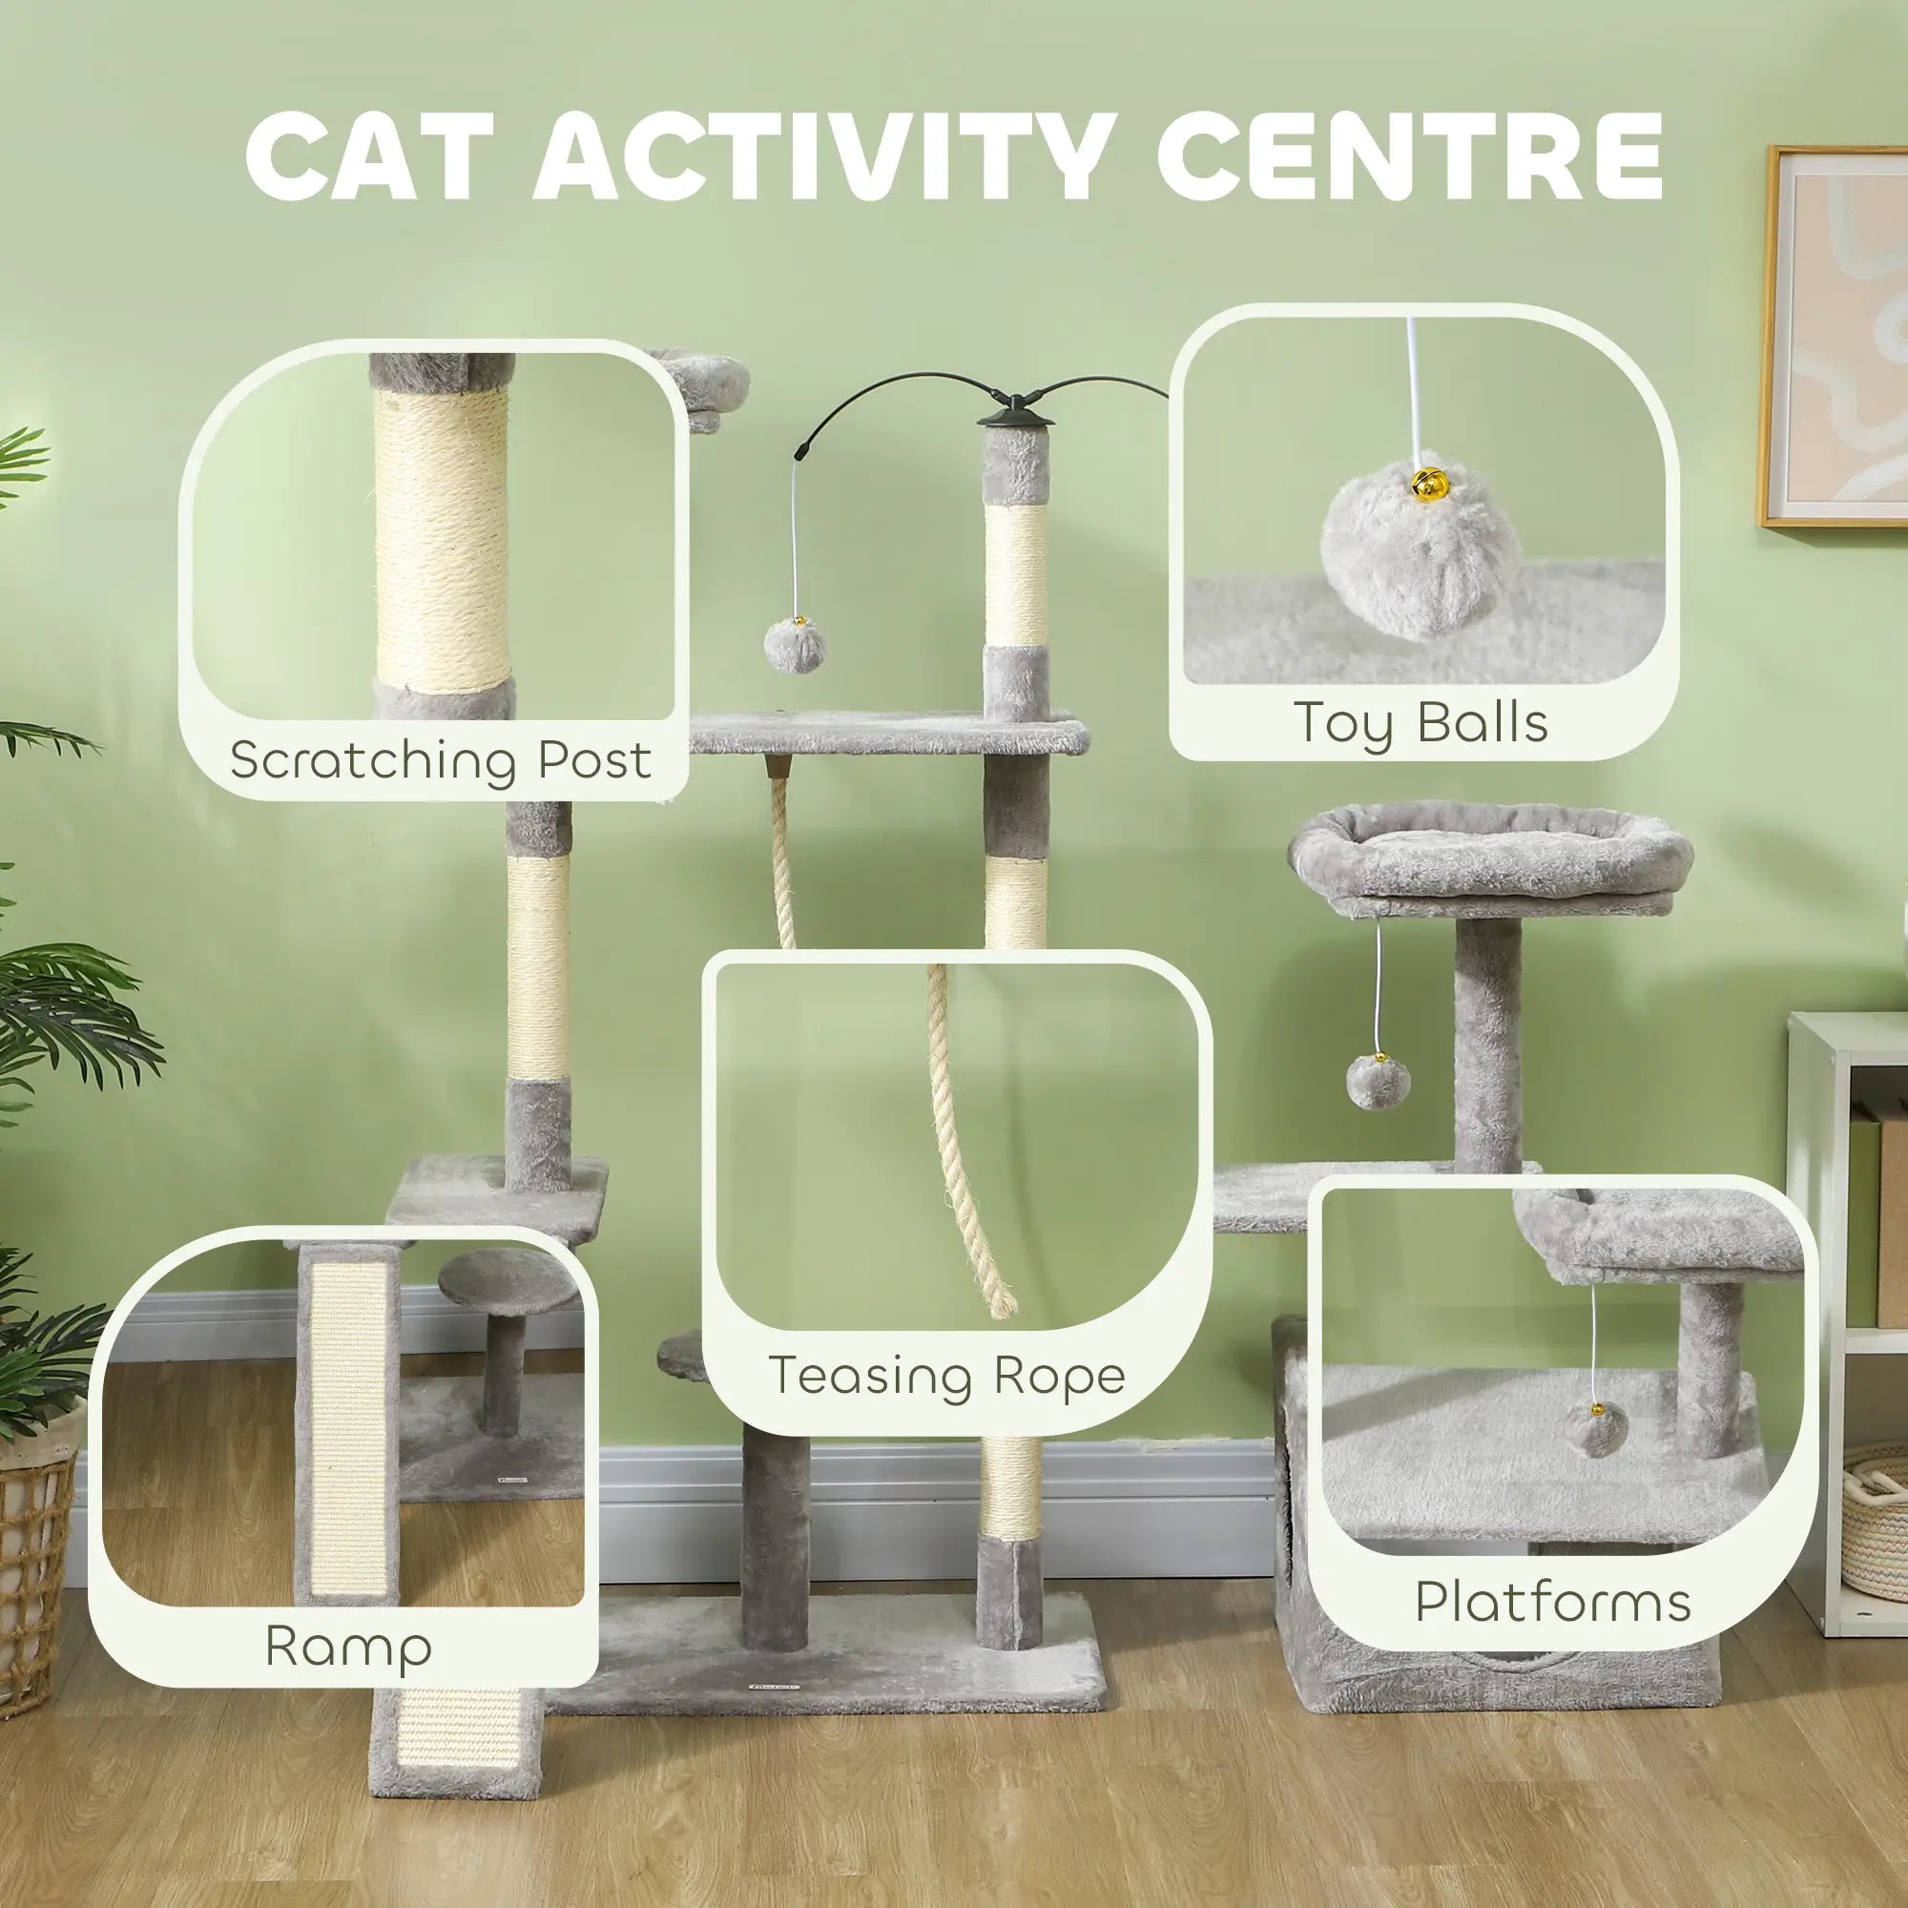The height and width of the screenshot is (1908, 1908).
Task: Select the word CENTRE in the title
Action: point(1409,158)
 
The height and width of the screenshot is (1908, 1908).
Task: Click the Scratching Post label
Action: point(441,759)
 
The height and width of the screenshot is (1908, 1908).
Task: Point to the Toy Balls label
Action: point(1421,722)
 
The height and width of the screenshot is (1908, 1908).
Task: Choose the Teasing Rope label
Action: point(946,1376)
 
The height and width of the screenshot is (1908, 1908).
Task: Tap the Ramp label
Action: point(348,1646)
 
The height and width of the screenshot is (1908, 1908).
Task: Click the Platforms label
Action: point(1552,1601)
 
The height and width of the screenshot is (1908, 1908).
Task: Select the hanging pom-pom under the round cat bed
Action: point(1379,1079)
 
